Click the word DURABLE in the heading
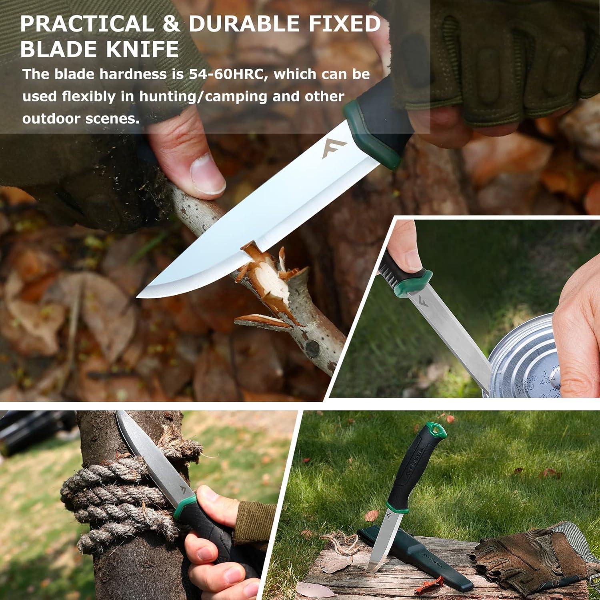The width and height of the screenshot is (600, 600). pos(244,24)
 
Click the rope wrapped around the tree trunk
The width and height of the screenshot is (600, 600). pos(120,492)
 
